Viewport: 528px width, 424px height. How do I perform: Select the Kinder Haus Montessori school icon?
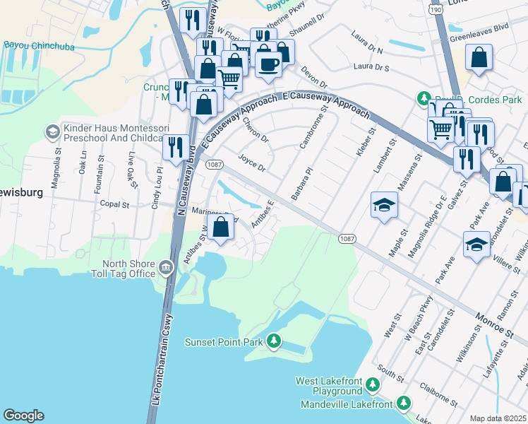coord(52,131)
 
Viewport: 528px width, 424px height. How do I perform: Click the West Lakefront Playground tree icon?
coord(373,385)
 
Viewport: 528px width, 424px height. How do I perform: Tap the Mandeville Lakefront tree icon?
coord(403,404)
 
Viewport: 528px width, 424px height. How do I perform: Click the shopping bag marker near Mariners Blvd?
coord(221,228)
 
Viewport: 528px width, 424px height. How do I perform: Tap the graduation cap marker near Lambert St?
coord(383,205)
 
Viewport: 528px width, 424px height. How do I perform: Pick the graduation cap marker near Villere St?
coord(476,245)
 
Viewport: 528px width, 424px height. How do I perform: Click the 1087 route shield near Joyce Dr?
coord(215,164)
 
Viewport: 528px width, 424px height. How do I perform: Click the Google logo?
coord(23,416)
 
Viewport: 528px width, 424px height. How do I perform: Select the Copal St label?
coord(114,204)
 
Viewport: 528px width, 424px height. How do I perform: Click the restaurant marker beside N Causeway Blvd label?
coord(176,147)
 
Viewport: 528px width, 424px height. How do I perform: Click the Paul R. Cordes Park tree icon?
coord(424,99)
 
